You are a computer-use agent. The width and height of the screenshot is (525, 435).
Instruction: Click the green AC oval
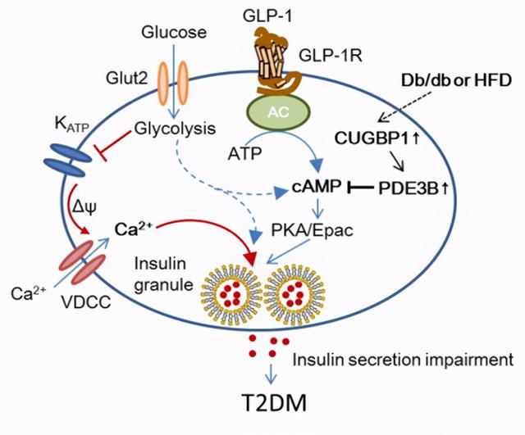(x=278, y=112)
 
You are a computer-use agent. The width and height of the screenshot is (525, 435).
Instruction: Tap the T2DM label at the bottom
(x=274, y=403)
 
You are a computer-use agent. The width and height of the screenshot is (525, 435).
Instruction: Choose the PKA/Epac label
(x=312, y=231)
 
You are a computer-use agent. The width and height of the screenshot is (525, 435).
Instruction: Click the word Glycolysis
(x=175, y=129)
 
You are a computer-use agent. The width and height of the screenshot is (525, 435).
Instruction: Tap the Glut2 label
(x=127, y=79)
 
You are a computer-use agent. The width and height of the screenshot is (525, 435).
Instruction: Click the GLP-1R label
(x=331, y=56)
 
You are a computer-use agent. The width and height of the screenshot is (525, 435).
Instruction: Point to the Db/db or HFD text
(x=456, y=80)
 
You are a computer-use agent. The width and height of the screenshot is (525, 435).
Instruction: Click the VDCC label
(x=85, y=302)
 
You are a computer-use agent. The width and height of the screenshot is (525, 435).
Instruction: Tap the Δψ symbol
(x=84, y=208)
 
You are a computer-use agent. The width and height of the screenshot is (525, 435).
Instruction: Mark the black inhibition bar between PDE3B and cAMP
(x=361, y=188)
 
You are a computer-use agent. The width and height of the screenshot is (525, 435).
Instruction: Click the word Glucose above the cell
(x=174, y=33)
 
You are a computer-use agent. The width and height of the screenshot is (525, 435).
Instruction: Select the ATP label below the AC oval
(x=244, y=154)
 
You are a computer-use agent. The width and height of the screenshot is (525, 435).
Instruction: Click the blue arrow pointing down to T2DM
(x=272, y=374)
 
